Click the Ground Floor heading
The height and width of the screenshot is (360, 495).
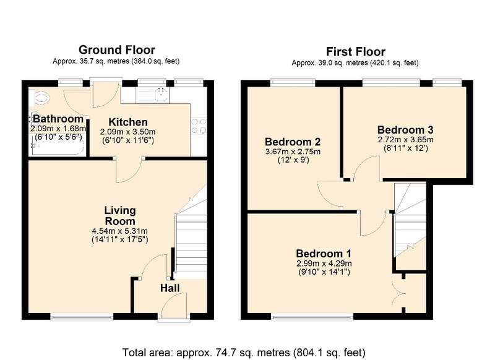click(116, 50)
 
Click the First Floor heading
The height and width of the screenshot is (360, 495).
click(355, 51)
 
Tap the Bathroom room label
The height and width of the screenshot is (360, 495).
click(58, 119)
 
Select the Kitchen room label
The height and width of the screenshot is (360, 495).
click(128, 122)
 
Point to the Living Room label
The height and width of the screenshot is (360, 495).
click(120, 215)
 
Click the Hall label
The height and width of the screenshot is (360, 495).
click(170, 288)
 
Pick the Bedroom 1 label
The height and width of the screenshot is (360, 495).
click(324, 254)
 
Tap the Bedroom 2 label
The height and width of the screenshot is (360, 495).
click(293, 142)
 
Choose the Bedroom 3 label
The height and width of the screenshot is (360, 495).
click(405, 130)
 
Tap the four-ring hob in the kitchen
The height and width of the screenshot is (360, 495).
click(199, 126)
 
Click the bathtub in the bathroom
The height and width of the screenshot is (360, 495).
click(57, 146)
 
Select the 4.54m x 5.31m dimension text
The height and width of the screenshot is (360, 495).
click(120, 231)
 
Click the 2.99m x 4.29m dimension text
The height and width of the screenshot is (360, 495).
click(324, 264)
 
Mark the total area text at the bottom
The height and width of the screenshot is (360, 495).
click(244, 352)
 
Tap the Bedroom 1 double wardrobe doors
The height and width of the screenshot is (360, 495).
click(398, 293)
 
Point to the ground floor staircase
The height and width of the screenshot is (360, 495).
click(191, 233)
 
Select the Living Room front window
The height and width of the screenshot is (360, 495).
click(82, 317)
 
